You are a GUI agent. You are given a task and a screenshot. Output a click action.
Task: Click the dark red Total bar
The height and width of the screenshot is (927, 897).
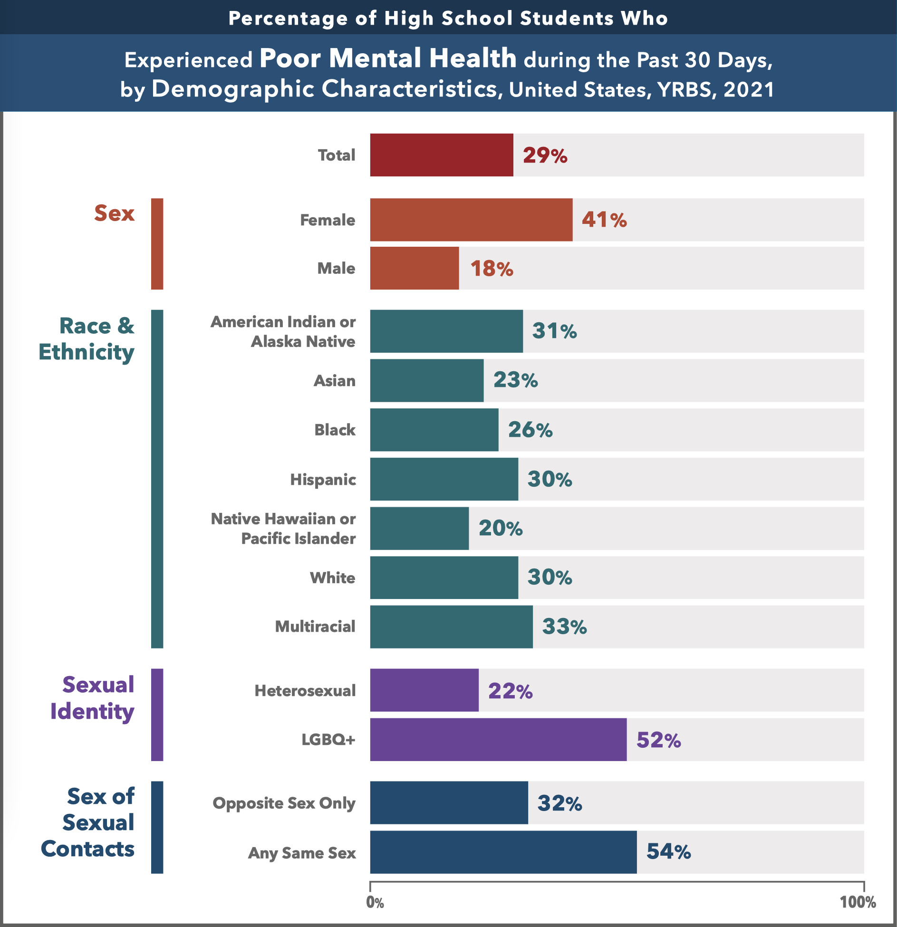point(442,155)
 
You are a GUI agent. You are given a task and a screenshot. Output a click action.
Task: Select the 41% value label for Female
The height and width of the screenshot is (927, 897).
point(604,220)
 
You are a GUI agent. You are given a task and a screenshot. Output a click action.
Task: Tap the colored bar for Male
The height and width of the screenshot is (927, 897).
point(415,268)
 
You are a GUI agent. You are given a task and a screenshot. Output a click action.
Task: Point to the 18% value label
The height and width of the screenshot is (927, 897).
point(492,269)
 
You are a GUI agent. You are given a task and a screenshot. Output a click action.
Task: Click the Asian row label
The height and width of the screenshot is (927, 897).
point(335,381)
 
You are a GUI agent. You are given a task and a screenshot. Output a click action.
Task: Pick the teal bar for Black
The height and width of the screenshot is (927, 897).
point(434,430)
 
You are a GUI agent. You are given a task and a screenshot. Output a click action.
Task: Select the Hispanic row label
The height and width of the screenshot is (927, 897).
point(323,479)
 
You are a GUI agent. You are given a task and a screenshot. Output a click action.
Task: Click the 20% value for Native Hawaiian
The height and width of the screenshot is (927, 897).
point(501,528)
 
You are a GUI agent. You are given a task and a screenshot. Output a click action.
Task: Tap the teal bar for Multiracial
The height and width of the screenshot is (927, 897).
point(451,627)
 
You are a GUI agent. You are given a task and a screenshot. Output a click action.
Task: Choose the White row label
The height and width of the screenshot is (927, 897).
point(333,578)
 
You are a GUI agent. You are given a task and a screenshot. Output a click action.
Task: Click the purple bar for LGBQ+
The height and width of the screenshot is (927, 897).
point(498,740)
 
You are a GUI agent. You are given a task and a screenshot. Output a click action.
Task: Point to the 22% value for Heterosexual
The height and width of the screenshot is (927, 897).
point(511,691)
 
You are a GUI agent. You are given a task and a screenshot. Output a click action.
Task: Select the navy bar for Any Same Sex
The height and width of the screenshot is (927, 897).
point(503,852)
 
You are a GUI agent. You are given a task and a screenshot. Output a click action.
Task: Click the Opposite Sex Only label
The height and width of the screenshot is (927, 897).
point(284,803)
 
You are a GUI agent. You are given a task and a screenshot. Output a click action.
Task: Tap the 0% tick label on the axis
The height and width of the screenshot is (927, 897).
point(375,902)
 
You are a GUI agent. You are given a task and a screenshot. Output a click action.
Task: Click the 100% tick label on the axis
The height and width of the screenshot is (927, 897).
point(858,902)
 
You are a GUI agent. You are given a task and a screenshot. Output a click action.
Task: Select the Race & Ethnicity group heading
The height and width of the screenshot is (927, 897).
point(87,339)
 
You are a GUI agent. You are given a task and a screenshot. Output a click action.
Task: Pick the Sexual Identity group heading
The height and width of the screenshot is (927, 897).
point(93,698)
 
